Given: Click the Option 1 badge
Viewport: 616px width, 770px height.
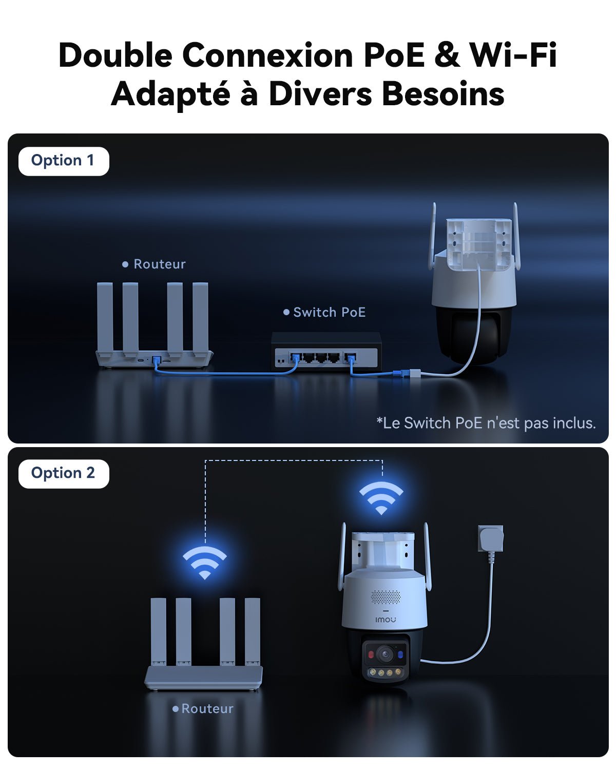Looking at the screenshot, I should tap(64, 161).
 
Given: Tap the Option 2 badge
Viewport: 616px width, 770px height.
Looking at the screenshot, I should tap(64, 473).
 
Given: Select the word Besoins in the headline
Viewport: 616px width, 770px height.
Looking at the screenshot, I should tap(443, 94).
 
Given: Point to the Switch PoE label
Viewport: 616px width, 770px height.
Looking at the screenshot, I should tap(329, 312).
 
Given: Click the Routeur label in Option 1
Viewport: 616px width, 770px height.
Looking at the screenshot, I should tap(159, 264).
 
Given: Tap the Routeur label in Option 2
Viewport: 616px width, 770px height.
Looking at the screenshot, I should tap(207, 709).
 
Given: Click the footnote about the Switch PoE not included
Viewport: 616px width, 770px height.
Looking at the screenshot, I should tap(486, 423).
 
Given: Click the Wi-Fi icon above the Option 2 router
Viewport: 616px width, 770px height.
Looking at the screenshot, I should tap(205, 562).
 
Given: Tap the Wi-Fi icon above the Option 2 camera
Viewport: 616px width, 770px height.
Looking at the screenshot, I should tap(381, 497).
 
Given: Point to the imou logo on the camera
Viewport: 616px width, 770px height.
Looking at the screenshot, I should tap(386, 620).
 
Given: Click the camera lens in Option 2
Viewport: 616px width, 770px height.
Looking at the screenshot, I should tap(385, 654).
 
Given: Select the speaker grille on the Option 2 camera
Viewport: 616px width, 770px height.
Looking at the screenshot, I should tap(385, 597).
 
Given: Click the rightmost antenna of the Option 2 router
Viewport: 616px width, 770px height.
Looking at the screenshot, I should tap(253, 631).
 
